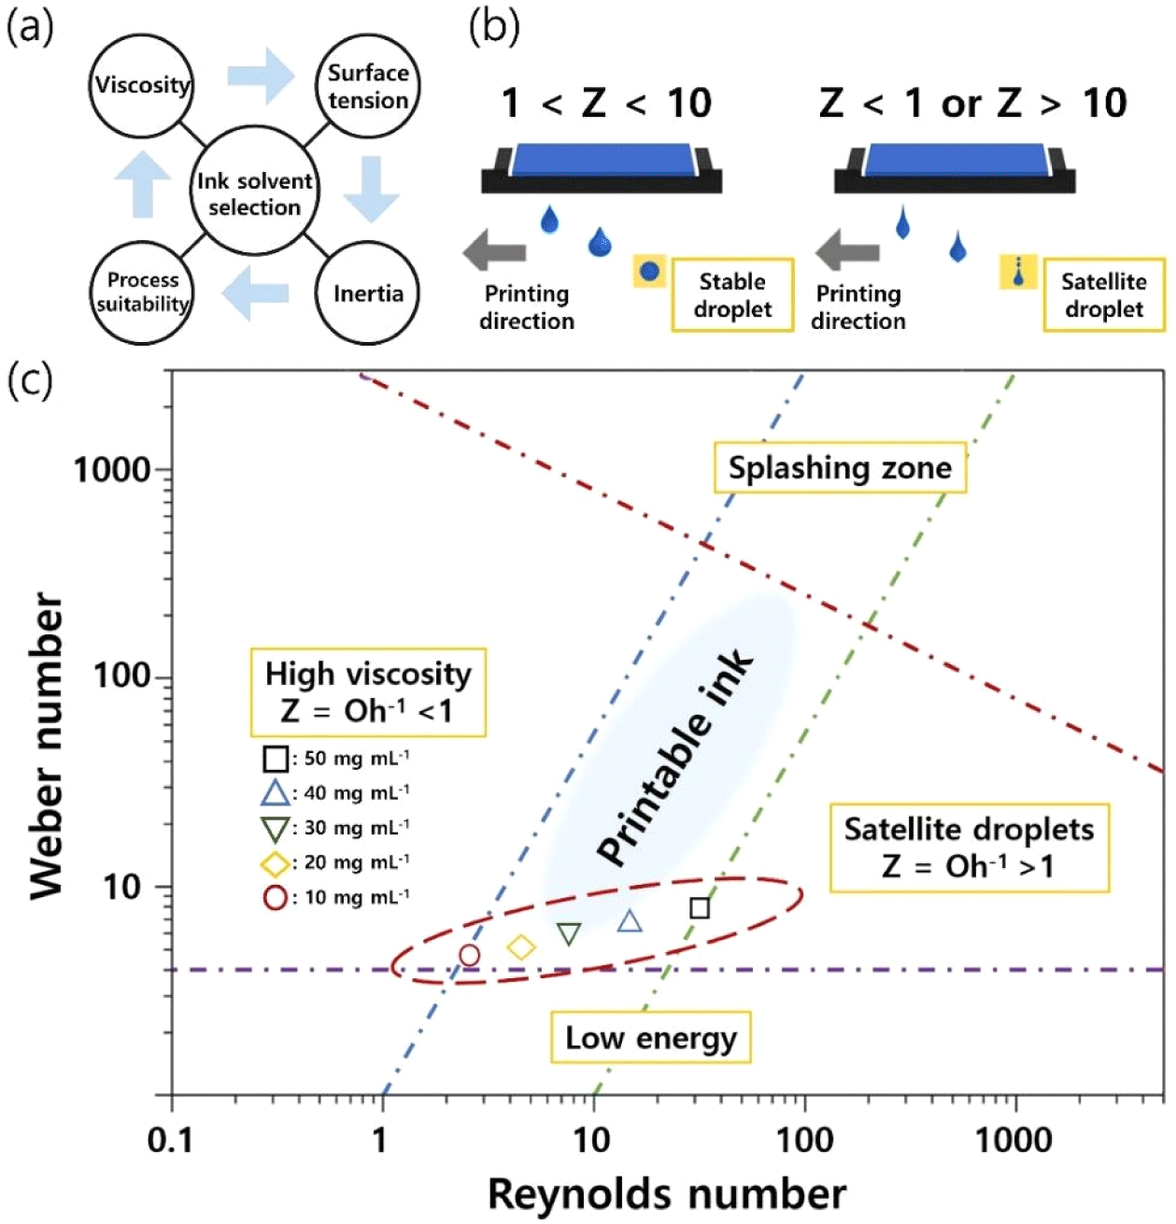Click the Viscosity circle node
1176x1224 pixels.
pos(142,86)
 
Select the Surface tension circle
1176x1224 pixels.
pos(368,86)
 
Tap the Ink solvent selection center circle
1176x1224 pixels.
pos(254,193)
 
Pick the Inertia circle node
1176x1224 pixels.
pos(368,293)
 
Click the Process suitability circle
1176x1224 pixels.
pos(142,292)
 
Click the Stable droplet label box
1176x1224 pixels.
pos(732,295)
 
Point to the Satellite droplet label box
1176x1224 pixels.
pos(1103,295)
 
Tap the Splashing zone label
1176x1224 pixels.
pos(840,468)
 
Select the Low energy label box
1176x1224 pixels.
pos(651,1038)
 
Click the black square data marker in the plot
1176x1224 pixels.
pos(700,907)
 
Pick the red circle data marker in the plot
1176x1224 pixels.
pos(470,955)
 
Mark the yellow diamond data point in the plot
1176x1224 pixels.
pos(521,947)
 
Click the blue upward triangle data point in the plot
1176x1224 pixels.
pos(631,922)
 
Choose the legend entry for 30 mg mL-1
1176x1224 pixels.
pos(336,828)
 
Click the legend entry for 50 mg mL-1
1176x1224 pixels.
pos(336,758)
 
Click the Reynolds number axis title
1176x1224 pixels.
pos(667,1194)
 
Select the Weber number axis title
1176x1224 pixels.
pos(47,747)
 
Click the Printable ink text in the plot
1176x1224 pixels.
pos(677,758)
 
